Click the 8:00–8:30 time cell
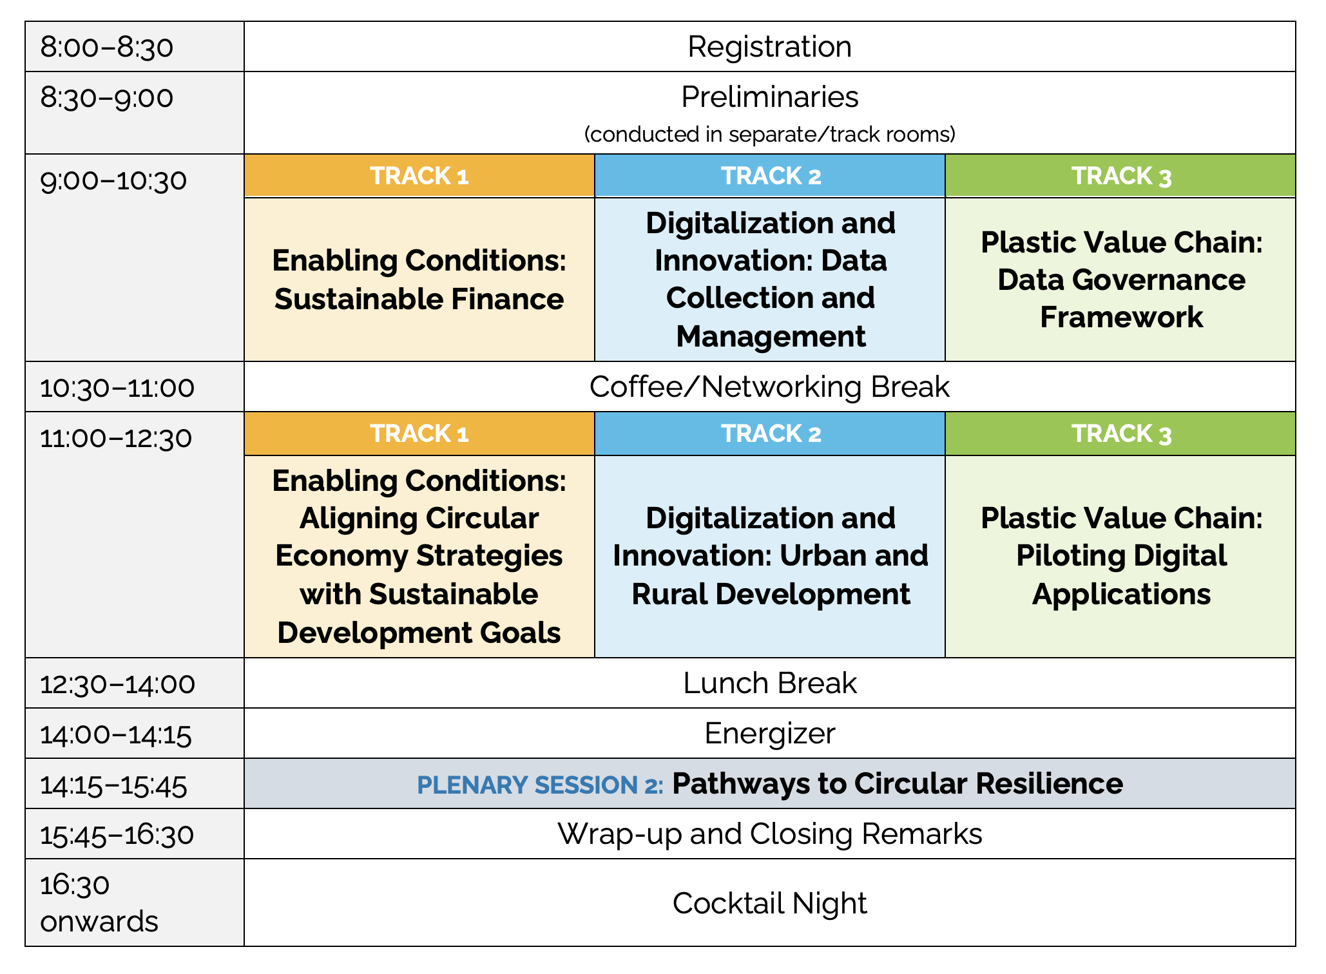[135, 46]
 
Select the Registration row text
[769, 46]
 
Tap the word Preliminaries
[769, 97]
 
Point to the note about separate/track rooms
[769, 134]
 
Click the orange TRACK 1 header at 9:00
[419, 175]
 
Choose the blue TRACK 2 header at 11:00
[770, 434]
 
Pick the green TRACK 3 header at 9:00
[1120, 175]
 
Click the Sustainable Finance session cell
[419, 280]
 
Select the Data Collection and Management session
[770, 280]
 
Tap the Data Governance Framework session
[1120, 280]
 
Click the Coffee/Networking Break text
[769, 387]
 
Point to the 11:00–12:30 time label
[116, 438]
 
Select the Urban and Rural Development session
[770, 557]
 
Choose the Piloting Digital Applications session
[1120, 557]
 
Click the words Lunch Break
[769, 683]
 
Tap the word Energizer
[769, 733]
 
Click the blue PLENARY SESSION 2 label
[540, 785]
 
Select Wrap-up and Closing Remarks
[769, 834]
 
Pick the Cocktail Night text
[769, 902]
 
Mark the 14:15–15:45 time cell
[135, 783]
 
